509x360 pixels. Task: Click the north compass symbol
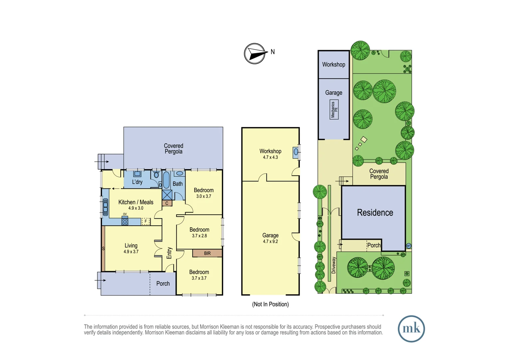(255, 53)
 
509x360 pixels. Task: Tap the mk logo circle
(411, 329)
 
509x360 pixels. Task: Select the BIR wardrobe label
(207, 253)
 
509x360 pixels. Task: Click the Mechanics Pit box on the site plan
(334, 109)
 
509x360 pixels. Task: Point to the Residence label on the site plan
(375, 213)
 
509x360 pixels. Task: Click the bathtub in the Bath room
(166, 180)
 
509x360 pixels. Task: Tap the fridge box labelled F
(146, 221)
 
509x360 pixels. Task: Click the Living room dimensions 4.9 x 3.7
(131, 252)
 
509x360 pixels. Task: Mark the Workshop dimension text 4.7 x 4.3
(270, 157)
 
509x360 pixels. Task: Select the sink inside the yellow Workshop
(295, 152)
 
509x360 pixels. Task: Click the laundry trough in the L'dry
(137, 174)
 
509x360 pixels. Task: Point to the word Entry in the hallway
(169, 253)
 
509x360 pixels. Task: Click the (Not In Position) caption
(270, 304)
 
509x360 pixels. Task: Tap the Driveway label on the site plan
(334, 265)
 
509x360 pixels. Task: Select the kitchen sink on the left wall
(105, 207)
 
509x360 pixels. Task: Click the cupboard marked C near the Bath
(167, 203)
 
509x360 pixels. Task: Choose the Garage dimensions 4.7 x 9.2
(270, 241)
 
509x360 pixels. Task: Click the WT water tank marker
(408, 246)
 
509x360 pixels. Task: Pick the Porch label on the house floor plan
(163, 283)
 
